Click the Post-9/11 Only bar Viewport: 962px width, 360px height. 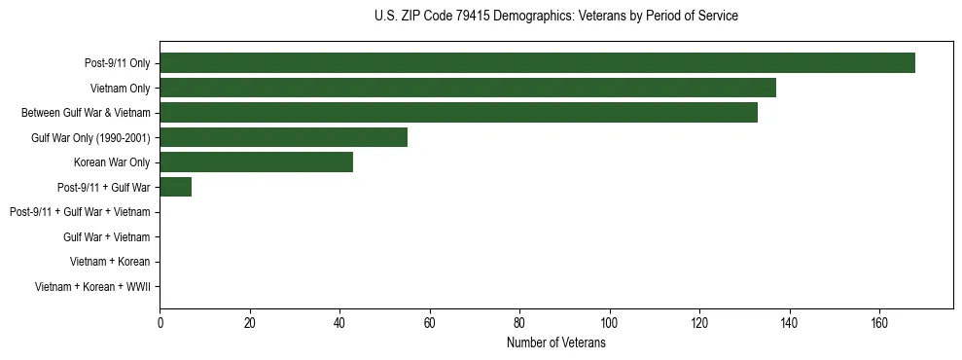pos(537,63)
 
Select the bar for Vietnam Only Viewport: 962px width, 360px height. pos(468,88)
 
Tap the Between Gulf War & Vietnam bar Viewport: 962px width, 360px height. pos(458,113)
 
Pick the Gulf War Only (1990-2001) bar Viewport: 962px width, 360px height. pos(283,137)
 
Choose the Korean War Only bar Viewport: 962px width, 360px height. pos(256,162)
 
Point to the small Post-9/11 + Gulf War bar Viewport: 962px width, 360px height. pos(175,187)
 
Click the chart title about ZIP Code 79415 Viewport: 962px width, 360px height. pos(555,17)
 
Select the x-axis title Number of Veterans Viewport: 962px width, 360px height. pos(555,342)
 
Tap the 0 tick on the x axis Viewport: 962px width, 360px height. pos(160,324)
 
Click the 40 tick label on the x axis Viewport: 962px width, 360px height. pos(339,324)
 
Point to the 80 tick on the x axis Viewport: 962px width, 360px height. pos(519,324)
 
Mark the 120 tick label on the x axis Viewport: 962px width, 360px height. pos(699,324)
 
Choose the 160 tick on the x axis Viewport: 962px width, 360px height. pos(879,324)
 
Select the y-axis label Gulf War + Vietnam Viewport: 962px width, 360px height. pos(106,237)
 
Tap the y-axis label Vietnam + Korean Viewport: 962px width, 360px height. pos(110,262)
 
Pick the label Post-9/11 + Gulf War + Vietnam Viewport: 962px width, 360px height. pos(80,212)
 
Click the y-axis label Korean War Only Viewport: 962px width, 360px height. pos(112,162)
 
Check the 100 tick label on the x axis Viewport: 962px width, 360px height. pos(610,324)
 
